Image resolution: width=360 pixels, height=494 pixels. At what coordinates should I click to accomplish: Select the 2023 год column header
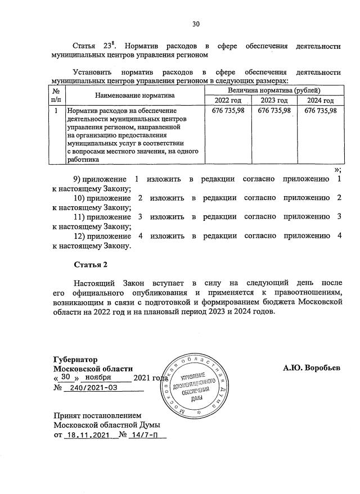coord(273,100)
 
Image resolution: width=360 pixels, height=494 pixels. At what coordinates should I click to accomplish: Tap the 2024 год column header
coord(319,100)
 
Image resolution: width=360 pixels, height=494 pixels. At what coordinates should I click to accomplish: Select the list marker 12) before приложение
coord(80,235)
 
